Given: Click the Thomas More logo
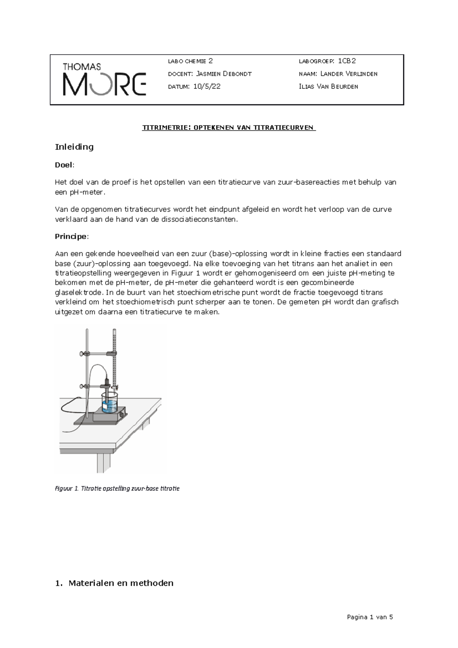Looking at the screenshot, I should pyautogui.click(x=104, y=79).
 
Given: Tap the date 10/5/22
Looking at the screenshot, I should pyautogui.click(x=207, y=87).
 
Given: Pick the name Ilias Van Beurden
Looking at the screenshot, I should pyautogui.click(x=329, y=87).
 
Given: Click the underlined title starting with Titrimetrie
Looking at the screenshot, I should pyautogui.click(x=229, y=127).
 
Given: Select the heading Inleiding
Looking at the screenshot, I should pyautogui.click(x=74, y=147).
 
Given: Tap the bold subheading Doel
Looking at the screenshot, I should pyautogui.click(x=64, y=165).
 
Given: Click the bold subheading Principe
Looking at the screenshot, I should pyautogui.click(x=71, y=236).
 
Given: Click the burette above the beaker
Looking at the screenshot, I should pyautogui.click(x=114, y=355).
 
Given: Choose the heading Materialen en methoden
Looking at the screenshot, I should pyautogui.click(x=120, y=583).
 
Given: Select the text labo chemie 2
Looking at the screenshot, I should pyautogui.click(x=190, y=61).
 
